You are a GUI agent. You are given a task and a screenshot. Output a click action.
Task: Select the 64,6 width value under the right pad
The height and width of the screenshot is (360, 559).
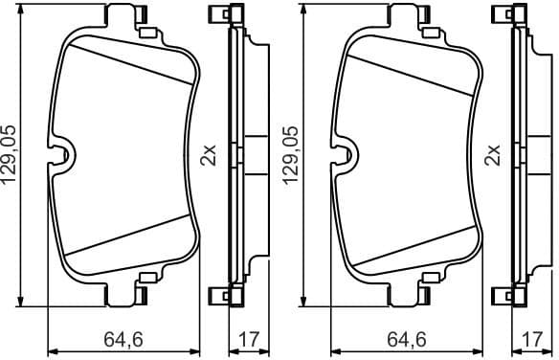405,338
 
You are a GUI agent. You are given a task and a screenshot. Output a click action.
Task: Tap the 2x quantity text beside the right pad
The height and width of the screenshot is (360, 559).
492,155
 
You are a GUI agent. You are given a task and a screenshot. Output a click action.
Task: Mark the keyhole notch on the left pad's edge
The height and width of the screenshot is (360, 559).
62,156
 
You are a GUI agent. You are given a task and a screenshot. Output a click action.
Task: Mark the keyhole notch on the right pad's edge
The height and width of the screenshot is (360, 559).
345,156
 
